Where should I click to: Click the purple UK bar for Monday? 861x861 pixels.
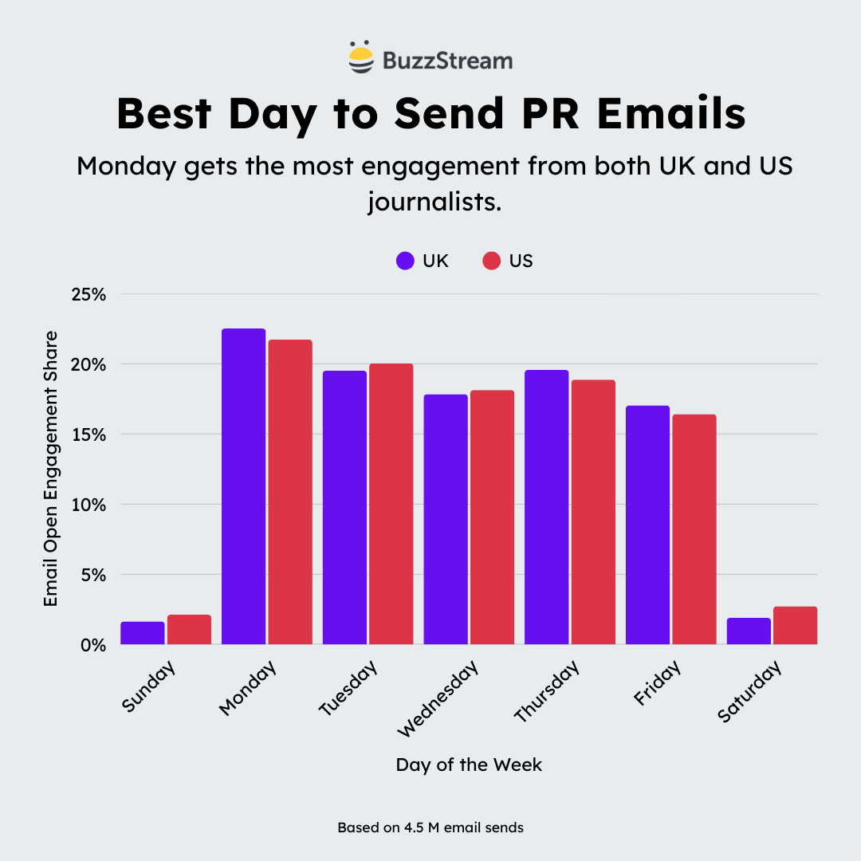click(x=243, y=486)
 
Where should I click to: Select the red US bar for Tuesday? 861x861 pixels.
click(x=391, y=504)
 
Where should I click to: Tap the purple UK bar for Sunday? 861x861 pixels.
click(x=143, y=633)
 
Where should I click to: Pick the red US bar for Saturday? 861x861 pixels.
click(x=795, y=626)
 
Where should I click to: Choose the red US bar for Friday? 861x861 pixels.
click(x=694, y=529)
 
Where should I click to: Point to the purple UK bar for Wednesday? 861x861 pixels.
click(x=445, y=519)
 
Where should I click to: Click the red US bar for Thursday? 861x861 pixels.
click(x=593, y=512)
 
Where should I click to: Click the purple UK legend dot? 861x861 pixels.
click(x=405, y=261)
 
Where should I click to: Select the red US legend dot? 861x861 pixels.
click(x=491, y=261)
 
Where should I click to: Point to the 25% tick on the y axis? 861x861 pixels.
click(x=90, y=294)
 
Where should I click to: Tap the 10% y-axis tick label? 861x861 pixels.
click(x=90, y=505)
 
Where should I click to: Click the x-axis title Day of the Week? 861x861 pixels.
click(x=469, y=765)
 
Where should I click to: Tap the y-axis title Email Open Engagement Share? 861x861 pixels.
click(x=51, y=468)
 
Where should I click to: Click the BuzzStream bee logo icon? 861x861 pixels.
click(x=361, y=57)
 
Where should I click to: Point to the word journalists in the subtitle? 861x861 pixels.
click(x=434, y=200)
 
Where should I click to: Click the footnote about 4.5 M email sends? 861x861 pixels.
click(x=431, y=828)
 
